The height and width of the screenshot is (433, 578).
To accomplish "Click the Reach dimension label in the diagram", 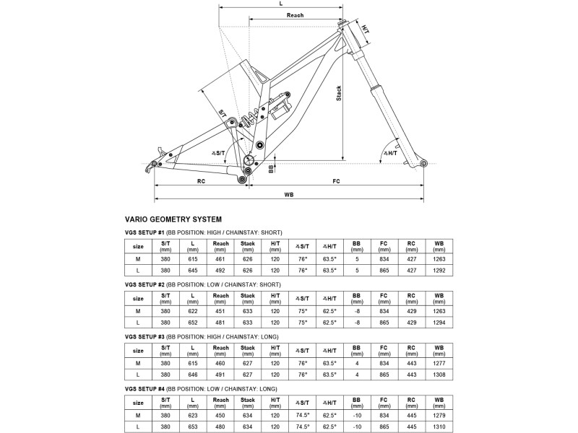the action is [x=295, y=15].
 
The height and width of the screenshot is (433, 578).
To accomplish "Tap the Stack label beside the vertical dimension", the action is [x=339, y=93].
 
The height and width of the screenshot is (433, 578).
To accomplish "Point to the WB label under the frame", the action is [x=289, y=194].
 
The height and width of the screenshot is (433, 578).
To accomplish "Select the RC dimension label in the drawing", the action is [x=201, y=181].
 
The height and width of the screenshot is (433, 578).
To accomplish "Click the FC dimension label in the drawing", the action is [x=336, y=181].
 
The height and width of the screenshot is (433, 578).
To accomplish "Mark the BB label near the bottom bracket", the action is [x=271, y=169].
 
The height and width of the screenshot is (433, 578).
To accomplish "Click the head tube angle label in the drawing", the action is [x=391, y=153].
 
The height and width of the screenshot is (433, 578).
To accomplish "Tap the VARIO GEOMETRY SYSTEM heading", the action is [x=173, y=219].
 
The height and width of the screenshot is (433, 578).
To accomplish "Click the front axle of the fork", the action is [x=423, y=163].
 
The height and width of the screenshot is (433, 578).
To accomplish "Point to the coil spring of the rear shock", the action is [x=249, y=118].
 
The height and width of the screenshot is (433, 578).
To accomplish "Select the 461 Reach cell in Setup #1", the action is [x=220, y=259].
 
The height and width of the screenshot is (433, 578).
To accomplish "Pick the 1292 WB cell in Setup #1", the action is [x=439, y=271].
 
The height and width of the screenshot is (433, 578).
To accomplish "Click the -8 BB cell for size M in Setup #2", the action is [x=356, y=311].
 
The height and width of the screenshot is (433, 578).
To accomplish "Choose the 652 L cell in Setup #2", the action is [x=193, y=323].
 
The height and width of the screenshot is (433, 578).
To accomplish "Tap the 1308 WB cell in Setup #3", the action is [x=439, y=375].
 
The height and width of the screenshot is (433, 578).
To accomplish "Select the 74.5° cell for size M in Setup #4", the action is [x=303, y=416].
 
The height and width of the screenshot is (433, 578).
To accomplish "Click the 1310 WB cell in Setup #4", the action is [x=439, y=427].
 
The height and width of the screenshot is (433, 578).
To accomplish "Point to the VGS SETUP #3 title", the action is [x=144, y=337].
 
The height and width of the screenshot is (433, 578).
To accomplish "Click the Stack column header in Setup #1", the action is [x=248, y=243].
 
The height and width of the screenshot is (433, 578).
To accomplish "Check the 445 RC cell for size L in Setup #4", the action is [x=411, y=427].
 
